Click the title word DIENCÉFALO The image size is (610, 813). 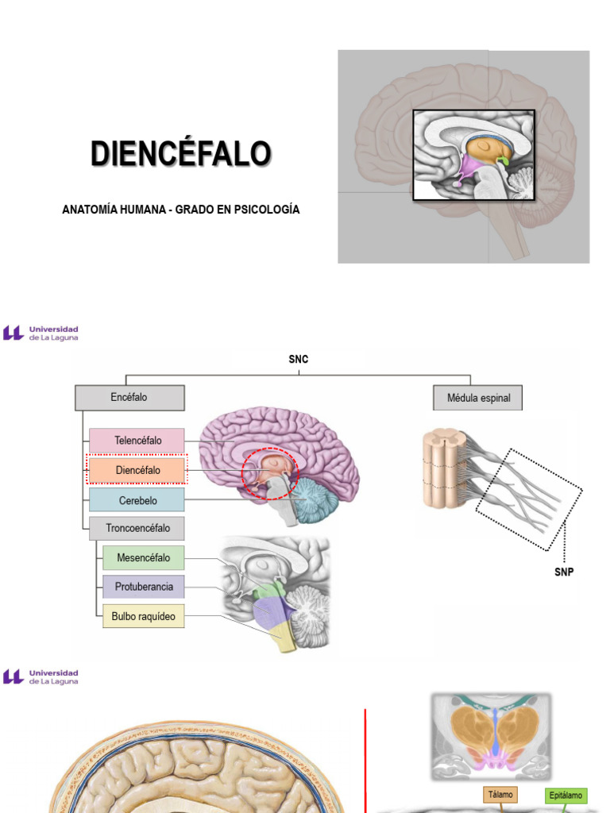[181, 153]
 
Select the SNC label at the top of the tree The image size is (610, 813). [299, 359]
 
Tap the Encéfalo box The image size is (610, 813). [129, 398]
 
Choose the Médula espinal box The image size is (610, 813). [477, 399]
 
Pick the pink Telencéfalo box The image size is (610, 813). [137, 441]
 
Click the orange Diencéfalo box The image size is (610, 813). [137, 470]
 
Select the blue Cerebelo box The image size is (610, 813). [137, 500]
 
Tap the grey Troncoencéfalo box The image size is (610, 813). [137, 528]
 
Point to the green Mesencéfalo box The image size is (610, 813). [144, 558]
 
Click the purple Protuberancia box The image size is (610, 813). [144, 587]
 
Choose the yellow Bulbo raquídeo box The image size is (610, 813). [144, 616]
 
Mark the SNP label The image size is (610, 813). [564, 572]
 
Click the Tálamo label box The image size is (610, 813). [500, 794]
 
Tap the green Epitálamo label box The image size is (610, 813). [566, 795]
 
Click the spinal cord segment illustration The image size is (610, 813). [442, 468]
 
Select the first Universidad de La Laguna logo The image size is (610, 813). [41, 333]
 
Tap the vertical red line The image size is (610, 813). [365, 761]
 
